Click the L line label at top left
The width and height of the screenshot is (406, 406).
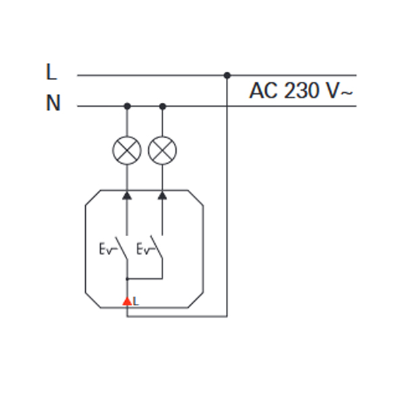51,72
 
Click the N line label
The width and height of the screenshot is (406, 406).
53,103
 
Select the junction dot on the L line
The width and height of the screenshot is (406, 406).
227,75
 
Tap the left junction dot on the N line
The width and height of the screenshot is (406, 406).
127,106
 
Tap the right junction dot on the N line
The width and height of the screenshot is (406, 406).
162,106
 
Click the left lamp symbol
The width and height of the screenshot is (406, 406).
127,150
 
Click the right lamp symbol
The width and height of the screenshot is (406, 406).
162,150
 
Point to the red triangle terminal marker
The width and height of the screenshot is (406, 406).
127,301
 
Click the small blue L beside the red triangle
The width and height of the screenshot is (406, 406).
136,301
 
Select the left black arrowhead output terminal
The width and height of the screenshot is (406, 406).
127,196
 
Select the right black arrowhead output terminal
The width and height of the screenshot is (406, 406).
162,196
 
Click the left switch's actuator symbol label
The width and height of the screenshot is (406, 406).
108,249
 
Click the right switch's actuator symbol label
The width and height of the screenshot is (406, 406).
145,249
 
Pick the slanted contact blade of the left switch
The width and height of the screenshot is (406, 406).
121,248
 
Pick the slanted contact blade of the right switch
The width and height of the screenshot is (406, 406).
157,247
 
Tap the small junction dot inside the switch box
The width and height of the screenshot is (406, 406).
127,279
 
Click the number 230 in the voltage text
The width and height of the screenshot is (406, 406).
300,91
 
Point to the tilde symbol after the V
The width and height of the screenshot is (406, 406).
346,93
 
